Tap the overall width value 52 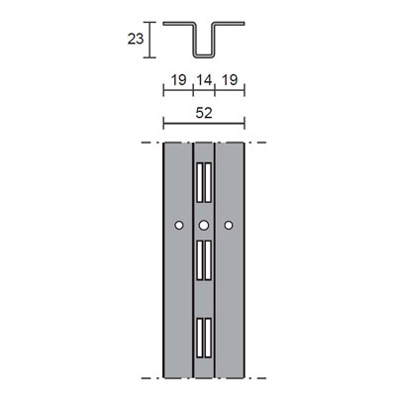coord(203,112)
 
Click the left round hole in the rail coord(177,226)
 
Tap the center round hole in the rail coord(203,226)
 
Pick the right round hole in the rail coord(229,226)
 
